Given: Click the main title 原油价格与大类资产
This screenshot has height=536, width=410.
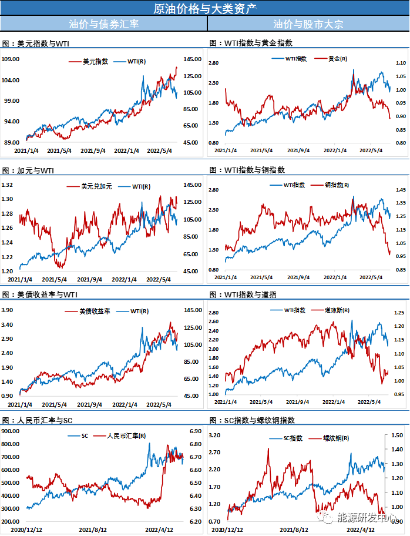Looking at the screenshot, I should click(x=204, y=8).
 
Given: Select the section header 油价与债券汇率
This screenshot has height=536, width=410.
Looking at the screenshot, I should click(x=103, y=24).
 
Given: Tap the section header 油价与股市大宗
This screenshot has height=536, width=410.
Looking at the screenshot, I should click(x=308, y=24).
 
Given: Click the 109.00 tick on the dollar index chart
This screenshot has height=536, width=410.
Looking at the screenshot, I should click(x=11, y=59).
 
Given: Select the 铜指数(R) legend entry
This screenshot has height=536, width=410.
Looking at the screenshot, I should click(x=338, y=185).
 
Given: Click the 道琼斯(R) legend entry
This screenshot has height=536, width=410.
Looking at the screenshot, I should click(x=337, y=310).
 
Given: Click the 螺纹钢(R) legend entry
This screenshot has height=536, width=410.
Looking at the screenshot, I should click(x=337, y=438).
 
